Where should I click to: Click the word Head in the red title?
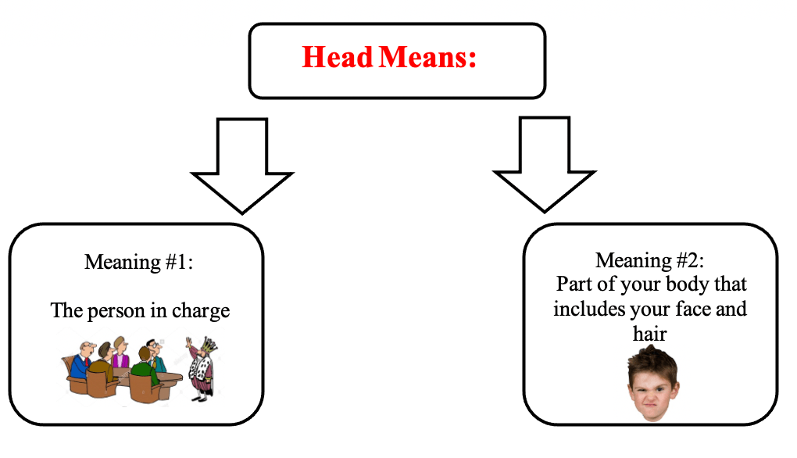coord(337,57)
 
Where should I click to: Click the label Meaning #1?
coord(138,261)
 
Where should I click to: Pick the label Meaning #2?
coord(650,259)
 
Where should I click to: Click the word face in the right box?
coord(695,309)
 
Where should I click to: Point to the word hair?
coord(650,333)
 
